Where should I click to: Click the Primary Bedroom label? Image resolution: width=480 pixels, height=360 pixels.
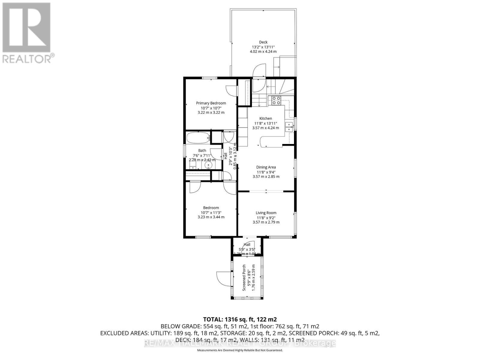[211, 103]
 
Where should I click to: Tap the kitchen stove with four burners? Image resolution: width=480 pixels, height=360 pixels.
[276, 100]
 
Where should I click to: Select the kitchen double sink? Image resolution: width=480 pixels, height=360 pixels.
[289, 127]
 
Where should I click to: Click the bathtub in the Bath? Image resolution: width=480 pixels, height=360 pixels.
[198, 138]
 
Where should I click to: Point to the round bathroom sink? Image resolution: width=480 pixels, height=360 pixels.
[209, 165]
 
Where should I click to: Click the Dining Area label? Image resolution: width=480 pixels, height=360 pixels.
[266, 167]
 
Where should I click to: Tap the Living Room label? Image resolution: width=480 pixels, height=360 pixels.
[266, 213]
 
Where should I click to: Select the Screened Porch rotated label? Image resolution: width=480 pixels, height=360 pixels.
[244, 277]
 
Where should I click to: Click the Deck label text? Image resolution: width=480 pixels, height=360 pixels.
[263, 42]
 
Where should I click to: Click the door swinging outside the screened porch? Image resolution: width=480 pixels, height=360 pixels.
[221, 278]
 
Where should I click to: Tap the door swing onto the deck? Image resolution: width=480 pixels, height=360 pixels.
[259, 71]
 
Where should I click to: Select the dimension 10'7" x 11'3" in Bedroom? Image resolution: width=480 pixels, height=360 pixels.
[211, 212]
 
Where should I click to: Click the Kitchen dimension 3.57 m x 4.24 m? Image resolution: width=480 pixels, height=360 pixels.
[265, 128]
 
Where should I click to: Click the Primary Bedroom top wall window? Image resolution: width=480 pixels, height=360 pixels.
[209, 78]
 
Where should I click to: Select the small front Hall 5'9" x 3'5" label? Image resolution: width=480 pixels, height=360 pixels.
[247, 249]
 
